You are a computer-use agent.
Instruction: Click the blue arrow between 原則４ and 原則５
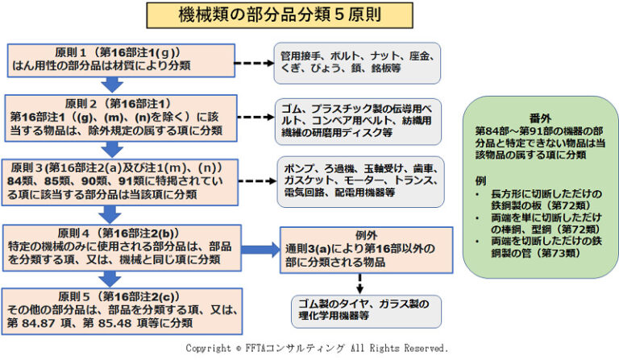[x=114, y=277]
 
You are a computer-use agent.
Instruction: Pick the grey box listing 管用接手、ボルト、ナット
[x=358, y=63]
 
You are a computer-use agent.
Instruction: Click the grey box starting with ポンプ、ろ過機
[x=359, y=181]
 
